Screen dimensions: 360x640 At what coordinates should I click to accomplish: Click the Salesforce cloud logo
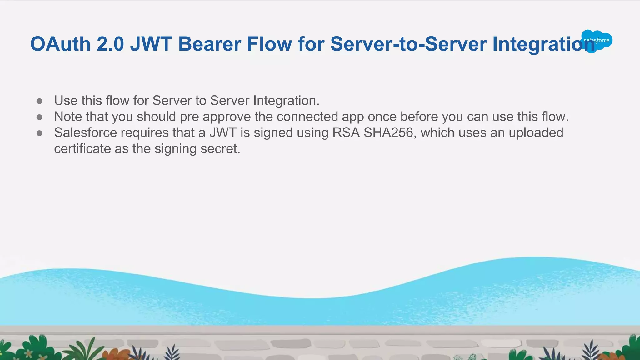(x=597, y=41)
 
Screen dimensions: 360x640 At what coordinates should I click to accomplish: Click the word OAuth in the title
(x=60, y=44)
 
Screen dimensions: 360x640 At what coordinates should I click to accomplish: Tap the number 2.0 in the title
(x=110, y=44)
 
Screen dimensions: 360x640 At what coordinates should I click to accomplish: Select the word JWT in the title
(x=151, y=44)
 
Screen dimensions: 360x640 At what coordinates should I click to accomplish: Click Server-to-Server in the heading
(x=408, y=44)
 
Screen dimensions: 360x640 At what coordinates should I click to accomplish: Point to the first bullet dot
(x=39, y=101)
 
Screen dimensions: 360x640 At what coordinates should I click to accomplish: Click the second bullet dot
(x=39, y=117)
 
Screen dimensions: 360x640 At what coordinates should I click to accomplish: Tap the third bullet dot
(x=39, y=133)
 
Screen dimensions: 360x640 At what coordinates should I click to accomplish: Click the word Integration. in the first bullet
(x=286, y=101)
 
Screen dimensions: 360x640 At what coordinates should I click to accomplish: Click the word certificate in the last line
(x=82, y=148)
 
